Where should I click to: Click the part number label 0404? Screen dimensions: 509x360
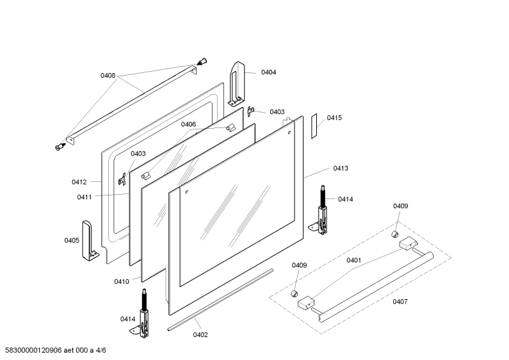click(268, 72)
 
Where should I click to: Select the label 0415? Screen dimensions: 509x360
click(334, 118)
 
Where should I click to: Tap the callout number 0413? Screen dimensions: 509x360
click(341, 168)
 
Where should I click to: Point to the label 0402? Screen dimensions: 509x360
click(200, 334)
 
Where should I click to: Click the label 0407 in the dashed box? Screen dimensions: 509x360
click(400, 302)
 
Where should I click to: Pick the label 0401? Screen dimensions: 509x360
click(353, 260)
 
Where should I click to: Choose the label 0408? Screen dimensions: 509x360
click(108, 76)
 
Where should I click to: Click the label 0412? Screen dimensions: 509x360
click(79, 182)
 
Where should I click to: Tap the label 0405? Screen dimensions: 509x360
click(72, 240)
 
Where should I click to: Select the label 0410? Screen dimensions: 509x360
click(122, 282)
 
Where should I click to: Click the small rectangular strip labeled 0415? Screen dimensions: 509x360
click(314, 126)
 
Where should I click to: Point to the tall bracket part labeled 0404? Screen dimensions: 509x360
click(237, 84)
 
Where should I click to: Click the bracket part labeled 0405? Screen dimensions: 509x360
click(89, 241)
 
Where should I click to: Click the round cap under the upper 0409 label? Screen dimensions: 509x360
click(395, 234)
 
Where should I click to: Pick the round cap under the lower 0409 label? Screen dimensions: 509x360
click(294, 294)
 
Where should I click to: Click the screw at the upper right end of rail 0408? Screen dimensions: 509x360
click(202, 61)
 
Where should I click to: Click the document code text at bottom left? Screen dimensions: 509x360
click(56, 350)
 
